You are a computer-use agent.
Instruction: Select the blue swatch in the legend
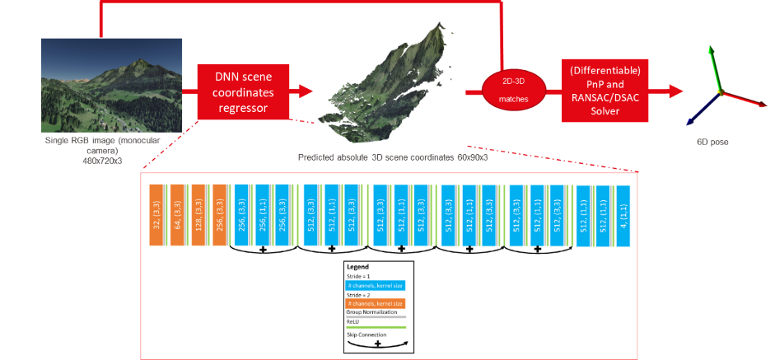(x=376, y=284)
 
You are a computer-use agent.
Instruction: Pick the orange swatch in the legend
(x=376, y=304)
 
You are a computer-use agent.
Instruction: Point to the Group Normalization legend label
(x=373, y=314)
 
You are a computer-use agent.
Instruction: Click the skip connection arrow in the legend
(x=376, y=344)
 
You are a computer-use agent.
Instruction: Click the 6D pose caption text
(x=714, y=142)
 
